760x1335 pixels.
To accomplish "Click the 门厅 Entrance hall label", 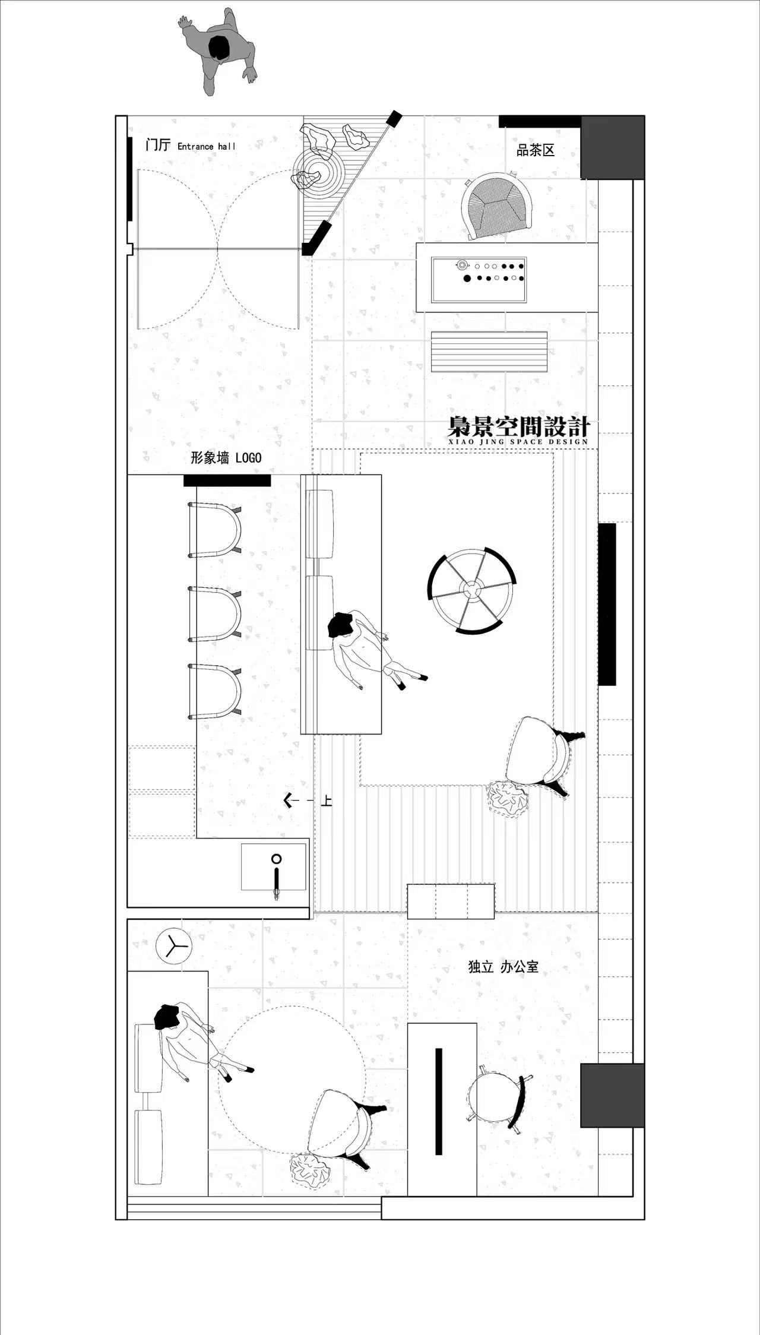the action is point(191,145).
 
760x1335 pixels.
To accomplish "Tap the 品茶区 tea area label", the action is point(536,150).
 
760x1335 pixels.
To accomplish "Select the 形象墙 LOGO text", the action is point(226,457).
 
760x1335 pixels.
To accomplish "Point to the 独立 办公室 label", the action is point(503,967).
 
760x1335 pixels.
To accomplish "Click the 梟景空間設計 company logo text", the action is point(518,430).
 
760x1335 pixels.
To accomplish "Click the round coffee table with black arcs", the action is point(472,590).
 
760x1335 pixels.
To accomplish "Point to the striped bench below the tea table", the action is point(489,352).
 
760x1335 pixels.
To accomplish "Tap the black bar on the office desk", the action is point(439,1102).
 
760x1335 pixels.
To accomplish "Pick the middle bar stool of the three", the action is point(215,614).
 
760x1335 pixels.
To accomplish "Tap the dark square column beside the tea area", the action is point(612,147).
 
